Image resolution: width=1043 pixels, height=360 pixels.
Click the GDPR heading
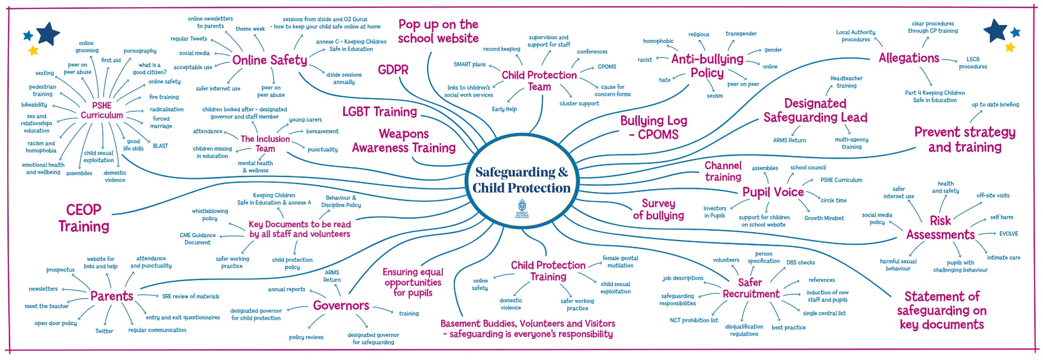click(x=393, y=70)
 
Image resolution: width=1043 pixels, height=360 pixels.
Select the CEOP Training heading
click(x=84, y=218)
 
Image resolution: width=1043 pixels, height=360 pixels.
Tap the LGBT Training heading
click(x=380, y=112)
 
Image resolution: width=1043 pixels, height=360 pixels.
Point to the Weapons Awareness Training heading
click(x=404, y=141)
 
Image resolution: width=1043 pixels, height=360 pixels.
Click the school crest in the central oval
click(x=522, y=206)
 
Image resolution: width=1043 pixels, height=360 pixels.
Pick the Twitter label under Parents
click(x=104, y=331)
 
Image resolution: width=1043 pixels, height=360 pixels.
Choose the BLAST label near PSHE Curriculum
click(x=161, y=146)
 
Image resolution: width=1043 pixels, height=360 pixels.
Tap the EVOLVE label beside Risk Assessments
click(x=1009, y=234)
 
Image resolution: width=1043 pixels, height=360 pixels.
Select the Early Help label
click(x=504, y=109)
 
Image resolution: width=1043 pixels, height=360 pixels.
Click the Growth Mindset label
click(x=824, y=218)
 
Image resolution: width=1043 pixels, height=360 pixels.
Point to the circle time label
click(x=834, y=200)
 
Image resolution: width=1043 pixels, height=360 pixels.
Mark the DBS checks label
click(x=801, y=262)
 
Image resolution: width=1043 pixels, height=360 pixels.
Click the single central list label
click(x=824, y=313)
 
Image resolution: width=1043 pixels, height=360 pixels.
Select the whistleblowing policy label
click(x=210, y=215)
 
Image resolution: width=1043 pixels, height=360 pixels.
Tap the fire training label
click(x=164, y=97)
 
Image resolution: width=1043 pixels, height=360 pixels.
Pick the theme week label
click(x=250, y=29)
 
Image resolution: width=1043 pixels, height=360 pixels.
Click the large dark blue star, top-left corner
click(x=48, y=34)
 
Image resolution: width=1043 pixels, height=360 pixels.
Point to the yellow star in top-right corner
click(x=1010, y=47)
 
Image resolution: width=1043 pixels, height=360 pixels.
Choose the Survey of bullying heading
click(x=658, y=209)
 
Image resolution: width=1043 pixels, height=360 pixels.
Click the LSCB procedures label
click(x=973, y=63)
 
